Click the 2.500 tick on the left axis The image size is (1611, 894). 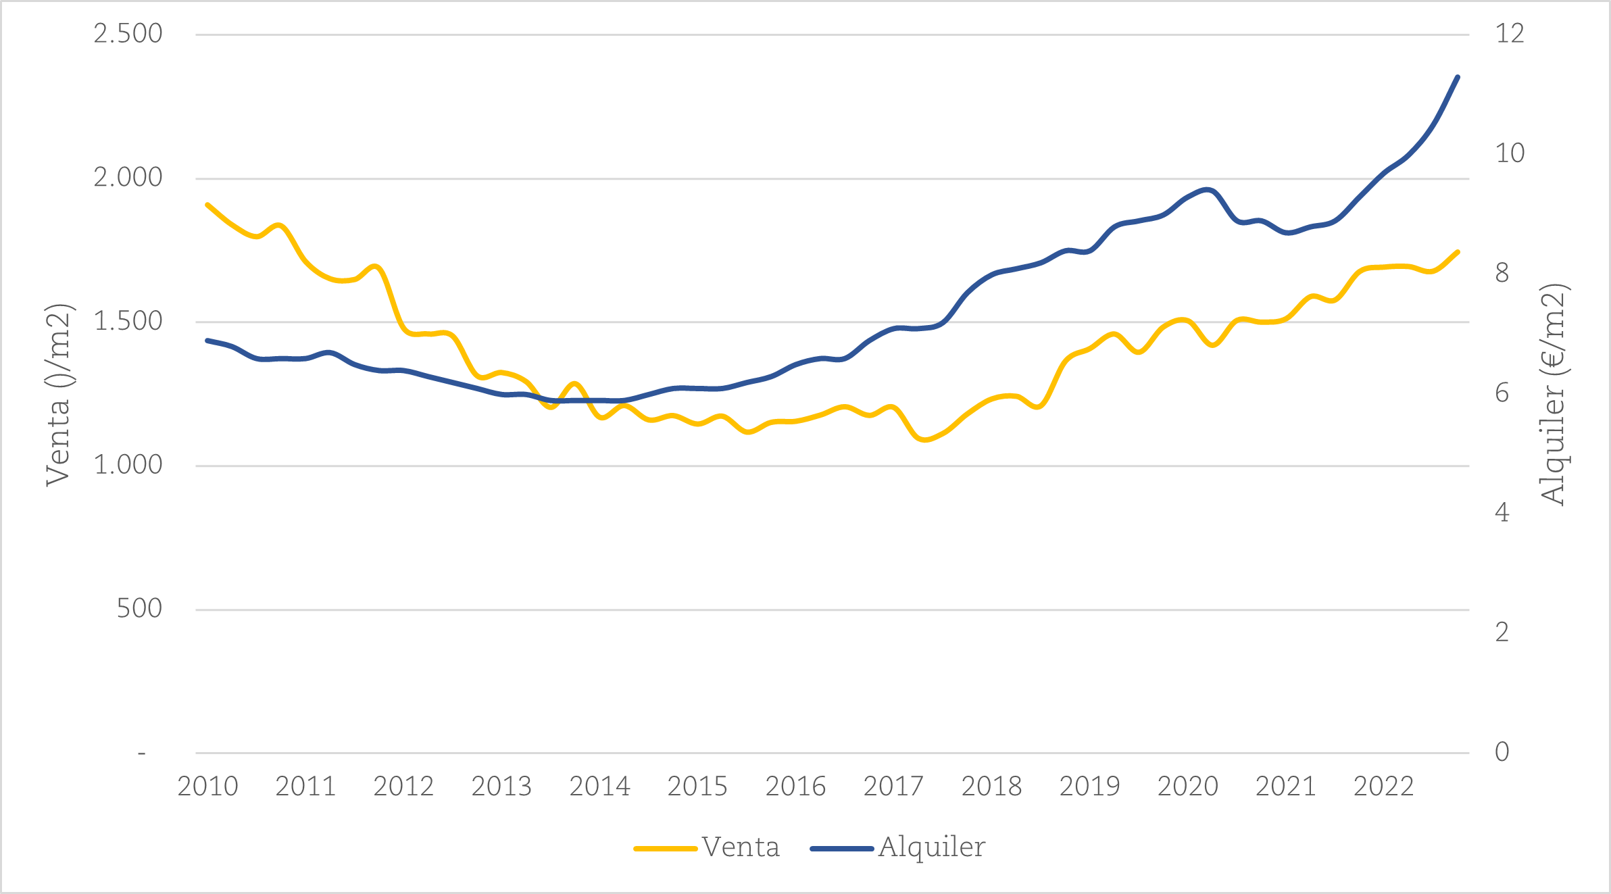click(128, 34)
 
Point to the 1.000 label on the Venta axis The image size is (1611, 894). click(128, 465)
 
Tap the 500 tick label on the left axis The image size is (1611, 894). click(139, 609)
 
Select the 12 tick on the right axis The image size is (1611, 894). click(1510, 34)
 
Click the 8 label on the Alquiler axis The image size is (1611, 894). click(1502, 273)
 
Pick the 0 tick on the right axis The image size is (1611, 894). click(1502, 752)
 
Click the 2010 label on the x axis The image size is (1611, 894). click(207, 787)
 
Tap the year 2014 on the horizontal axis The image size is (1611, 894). click(599, 787)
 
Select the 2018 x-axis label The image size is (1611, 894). click(991, 787)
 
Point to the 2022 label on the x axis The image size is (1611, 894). click(1383, 787)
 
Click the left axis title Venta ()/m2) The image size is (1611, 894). click(58, 395)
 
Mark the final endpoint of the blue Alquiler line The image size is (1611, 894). click(1458, 77)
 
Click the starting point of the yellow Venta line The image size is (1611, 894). click(207, 204)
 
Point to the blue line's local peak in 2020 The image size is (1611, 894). click(1208, 190)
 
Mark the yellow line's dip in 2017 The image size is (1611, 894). click(924, 440)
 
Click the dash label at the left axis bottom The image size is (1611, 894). click(141, 753)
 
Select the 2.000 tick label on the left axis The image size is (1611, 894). click(128, 178)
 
